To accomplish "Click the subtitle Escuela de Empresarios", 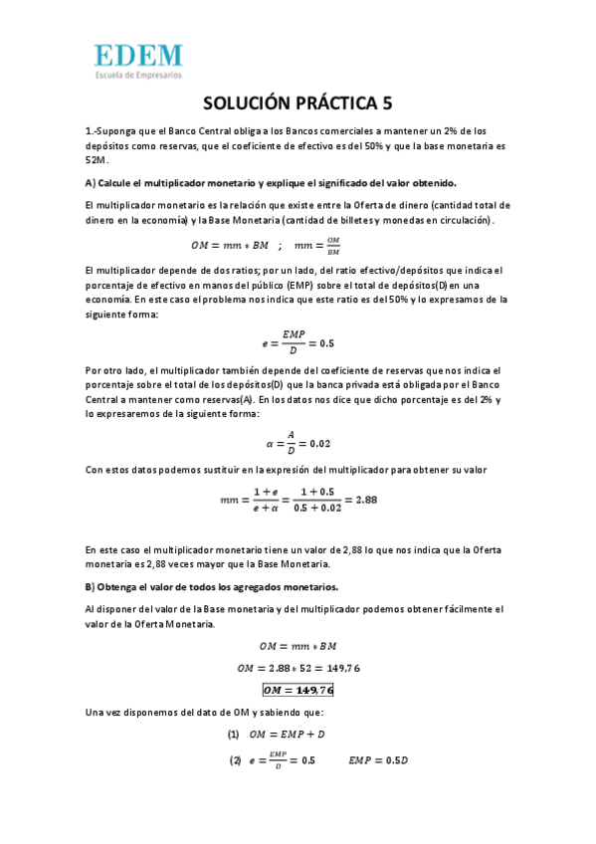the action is click(x=138, y=75).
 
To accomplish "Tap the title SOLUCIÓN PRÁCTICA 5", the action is click(x=298, y=104).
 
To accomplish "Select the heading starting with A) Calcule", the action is click(x=271, y=183).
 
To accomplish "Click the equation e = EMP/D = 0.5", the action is click(x=298, y=341).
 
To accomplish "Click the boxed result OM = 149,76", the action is click(x=298, y=689).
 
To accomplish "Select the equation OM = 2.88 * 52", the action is click(x=298, y=667).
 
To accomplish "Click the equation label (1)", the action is click(x=234, y=735).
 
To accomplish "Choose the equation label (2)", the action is click(x=235, y=760).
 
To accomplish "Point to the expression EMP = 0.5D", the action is click(x=379, y=760).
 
